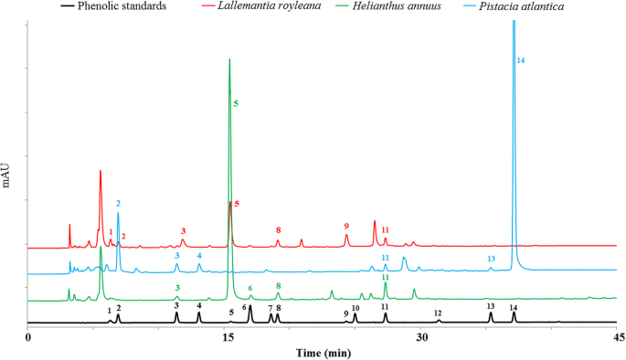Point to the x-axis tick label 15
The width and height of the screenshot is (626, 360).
(225, 337)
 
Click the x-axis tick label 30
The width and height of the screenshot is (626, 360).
(420, 337)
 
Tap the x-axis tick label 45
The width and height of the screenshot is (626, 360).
(616, 337)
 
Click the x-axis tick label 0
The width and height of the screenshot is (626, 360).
(29, 337)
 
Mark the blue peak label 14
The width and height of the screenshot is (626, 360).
(520, 60)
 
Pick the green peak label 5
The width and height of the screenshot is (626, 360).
(236, 104)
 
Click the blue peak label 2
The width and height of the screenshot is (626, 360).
(118, 202)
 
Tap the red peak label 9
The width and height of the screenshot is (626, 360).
(346, 226)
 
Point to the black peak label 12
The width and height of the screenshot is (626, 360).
(438, 312)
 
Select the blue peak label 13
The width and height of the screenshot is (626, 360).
(491, 259)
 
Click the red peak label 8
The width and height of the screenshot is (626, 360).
(278, 229)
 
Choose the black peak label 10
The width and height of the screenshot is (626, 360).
(355, 308)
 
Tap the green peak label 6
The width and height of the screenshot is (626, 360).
(249, 288)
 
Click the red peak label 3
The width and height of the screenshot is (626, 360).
(183, 231)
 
